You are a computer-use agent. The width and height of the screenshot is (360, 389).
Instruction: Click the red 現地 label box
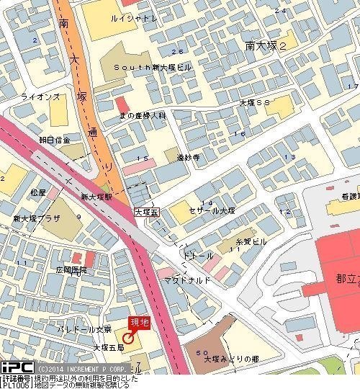coord(140,323)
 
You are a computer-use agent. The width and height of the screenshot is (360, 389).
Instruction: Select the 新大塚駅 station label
coord(96,197)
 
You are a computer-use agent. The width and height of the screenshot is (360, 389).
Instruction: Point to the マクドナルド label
coord(186,280)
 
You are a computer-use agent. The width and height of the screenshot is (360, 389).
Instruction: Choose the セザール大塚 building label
coord(212,210)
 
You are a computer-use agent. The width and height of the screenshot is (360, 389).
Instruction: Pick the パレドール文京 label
coord(85,328)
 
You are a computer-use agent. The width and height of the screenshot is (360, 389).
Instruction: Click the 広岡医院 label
coord(71,270)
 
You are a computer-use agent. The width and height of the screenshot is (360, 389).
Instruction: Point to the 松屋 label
coord(38,193)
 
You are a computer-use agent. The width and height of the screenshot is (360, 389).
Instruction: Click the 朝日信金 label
coord(55,140)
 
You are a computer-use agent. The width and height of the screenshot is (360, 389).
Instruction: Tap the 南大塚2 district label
coord(266,45)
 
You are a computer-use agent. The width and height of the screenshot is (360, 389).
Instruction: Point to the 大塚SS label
coord(255,103)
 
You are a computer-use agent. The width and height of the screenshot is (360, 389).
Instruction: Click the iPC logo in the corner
coord(16,367)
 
